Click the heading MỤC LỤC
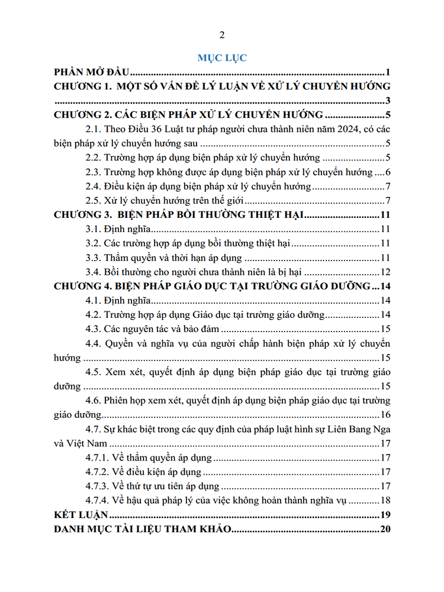tap(222, 58)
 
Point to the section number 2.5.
tap(94, 201)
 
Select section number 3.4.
tap(94, 272)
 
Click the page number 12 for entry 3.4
tap(385, 272)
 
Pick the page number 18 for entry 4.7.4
tap(385, 500)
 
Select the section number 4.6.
tap(94, 400)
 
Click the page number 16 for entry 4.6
tap(385, 414)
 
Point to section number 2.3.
tap(94, 172)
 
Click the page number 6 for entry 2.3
tap(387, 172)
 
